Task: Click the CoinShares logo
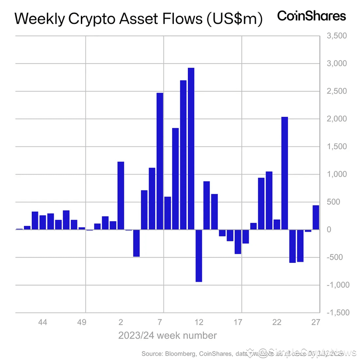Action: click(311, 16)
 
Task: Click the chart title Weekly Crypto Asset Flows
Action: click(138, 19)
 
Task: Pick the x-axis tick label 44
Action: click(43, 322)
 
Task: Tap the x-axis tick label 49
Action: click(82, 322)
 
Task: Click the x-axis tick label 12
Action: click(199, 322)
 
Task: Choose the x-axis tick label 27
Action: click(316, 322)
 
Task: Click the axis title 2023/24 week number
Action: click(167, 335)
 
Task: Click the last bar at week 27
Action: click(316, 217)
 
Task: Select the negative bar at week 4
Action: click(136, 243)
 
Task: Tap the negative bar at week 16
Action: click(238, 242)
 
